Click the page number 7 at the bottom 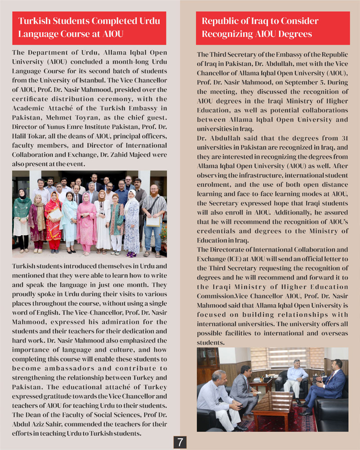[180, 442]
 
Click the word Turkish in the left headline [34, 21]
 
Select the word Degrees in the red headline [295, 34]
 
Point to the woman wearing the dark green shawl [22, 216]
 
